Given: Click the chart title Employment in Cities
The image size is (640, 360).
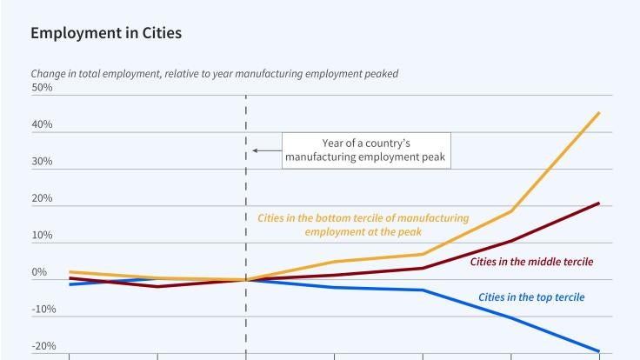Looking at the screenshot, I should click(106, 34).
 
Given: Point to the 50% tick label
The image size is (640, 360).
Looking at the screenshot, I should click(42, 88).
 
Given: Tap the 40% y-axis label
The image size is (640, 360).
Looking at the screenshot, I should click(42, 125).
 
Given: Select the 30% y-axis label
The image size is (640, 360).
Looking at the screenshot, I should click(42, 162).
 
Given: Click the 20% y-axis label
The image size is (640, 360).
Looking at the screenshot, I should click(42, 199).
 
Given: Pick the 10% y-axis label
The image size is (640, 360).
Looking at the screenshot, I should click(42, 236).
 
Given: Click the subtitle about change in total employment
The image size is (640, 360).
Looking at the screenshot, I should click(214, 74).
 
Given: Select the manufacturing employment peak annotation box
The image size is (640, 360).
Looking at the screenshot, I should click(366, 150).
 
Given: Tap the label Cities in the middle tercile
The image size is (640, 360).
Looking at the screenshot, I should click(532, 261).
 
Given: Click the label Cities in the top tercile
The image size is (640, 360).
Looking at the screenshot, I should click(531, 297).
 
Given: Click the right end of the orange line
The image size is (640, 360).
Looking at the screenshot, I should click(599, 112).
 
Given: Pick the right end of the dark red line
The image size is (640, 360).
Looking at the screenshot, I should click(599, 203).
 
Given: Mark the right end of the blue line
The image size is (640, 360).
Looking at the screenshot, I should click(599, 351).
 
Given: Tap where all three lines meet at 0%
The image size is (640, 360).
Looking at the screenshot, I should click(246, 280).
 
